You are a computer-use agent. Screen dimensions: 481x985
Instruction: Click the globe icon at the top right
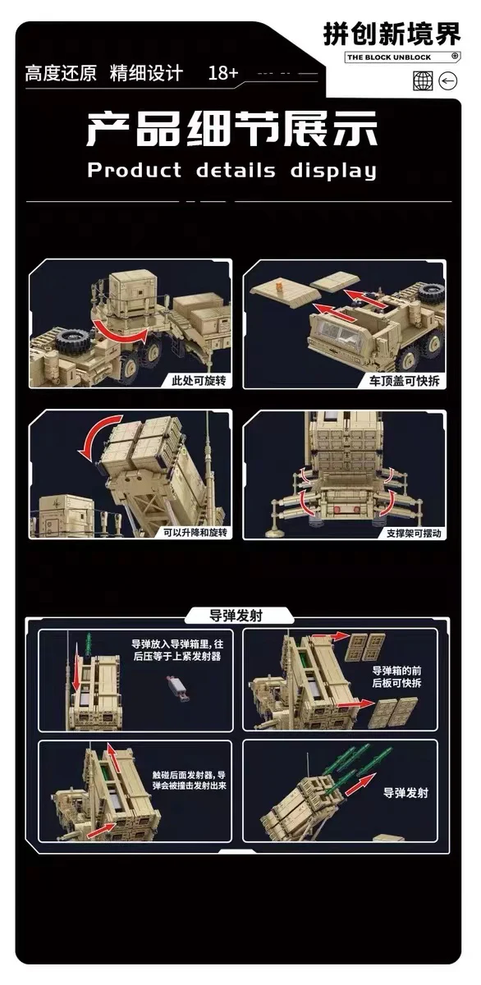pos(423,81)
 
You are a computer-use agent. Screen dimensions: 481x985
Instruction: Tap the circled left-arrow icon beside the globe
pos(448,81)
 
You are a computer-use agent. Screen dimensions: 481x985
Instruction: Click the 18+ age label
pos(223,73)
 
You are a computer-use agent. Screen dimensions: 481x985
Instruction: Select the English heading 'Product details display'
pos(232,171)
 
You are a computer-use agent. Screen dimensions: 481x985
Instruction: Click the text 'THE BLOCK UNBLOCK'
pos(389,57)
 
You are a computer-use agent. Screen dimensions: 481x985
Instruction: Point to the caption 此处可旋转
pos(199,380)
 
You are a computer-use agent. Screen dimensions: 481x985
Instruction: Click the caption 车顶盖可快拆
pos(405,381)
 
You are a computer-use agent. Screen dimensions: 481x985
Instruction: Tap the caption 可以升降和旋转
pos(195,533)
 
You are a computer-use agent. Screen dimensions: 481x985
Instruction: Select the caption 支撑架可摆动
pos(414,534)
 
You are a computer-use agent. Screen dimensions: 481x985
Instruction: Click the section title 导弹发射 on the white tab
pos(236,616)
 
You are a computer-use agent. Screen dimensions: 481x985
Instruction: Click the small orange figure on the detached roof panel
pos(279,286)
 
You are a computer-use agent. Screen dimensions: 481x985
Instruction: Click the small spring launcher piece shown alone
pos(177,689)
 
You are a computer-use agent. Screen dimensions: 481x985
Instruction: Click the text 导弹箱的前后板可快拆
pos(396,676)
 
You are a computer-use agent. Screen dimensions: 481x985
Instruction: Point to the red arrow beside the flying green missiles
pos(360,784)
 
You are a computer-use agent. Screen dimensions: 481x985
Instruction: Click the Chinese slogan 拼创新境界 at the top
pos(392,34)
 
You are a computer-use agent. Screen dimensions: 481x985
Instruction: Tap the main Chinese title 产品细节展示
pos(232,129)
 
